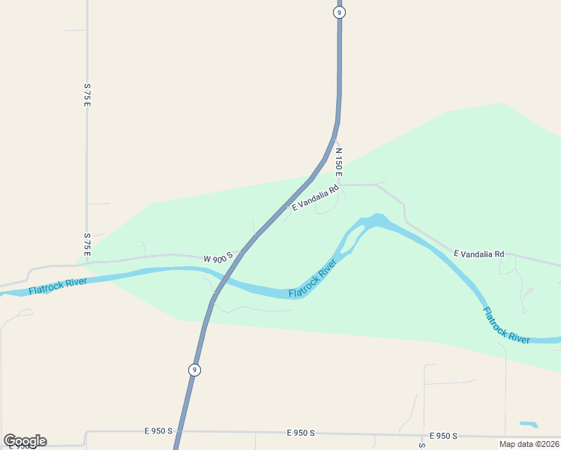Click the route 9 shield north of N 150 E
[x=340, y=12]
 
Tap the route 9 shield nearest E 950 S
[x=194, y=370]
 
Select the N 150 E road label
[x=339, y=162]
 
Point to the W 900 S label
[x=218, y=258]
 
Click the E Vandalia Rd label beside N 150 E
[x=316, y=197]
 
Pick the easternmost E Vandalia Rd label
[x=478, y=254]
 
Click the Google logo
[x=25, y=441]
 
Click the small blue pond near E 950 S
[x=529, y=424]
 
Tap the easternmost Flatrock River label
[x=506, y=326]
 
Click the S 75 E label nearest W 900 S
[x=87, y=245]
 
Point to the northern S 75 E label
[x=87, y=95]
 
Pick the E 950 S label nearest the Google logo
[x=158, y=430]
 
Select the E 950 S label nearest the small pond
[x=443, y=436]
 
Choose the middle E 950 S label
[x=300, y=433]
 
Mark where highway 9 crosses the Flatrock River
[x=220, y=280]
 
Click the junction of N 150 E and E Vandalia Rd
[x=342, y=184]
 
